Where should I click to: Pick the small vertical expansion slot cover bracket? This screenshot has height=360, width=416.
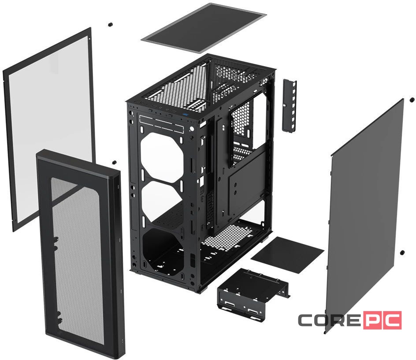pyautogui.click(x=289, y=105)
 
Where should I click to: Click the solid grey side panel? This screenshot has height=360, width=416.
pyautogui.click(x=366, y=207)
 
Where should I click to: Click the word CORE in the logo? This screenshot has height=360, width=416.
pyautogui.click(x=330, y=320)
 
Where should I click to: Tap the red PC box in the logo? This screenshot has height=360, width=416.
pyautogui.click(x=383, y=320)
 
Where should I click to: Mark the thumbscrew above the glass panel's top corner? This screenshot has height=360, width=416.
pyautogui.click(x=109, y=24)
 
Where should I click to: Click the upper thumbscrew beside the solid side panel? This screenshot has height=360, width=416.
pyautogui.click(x=411, y=100)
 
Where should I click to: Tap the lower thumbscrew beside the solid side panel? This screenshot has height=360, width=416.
pyautogui.click(x=402, y=253)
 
